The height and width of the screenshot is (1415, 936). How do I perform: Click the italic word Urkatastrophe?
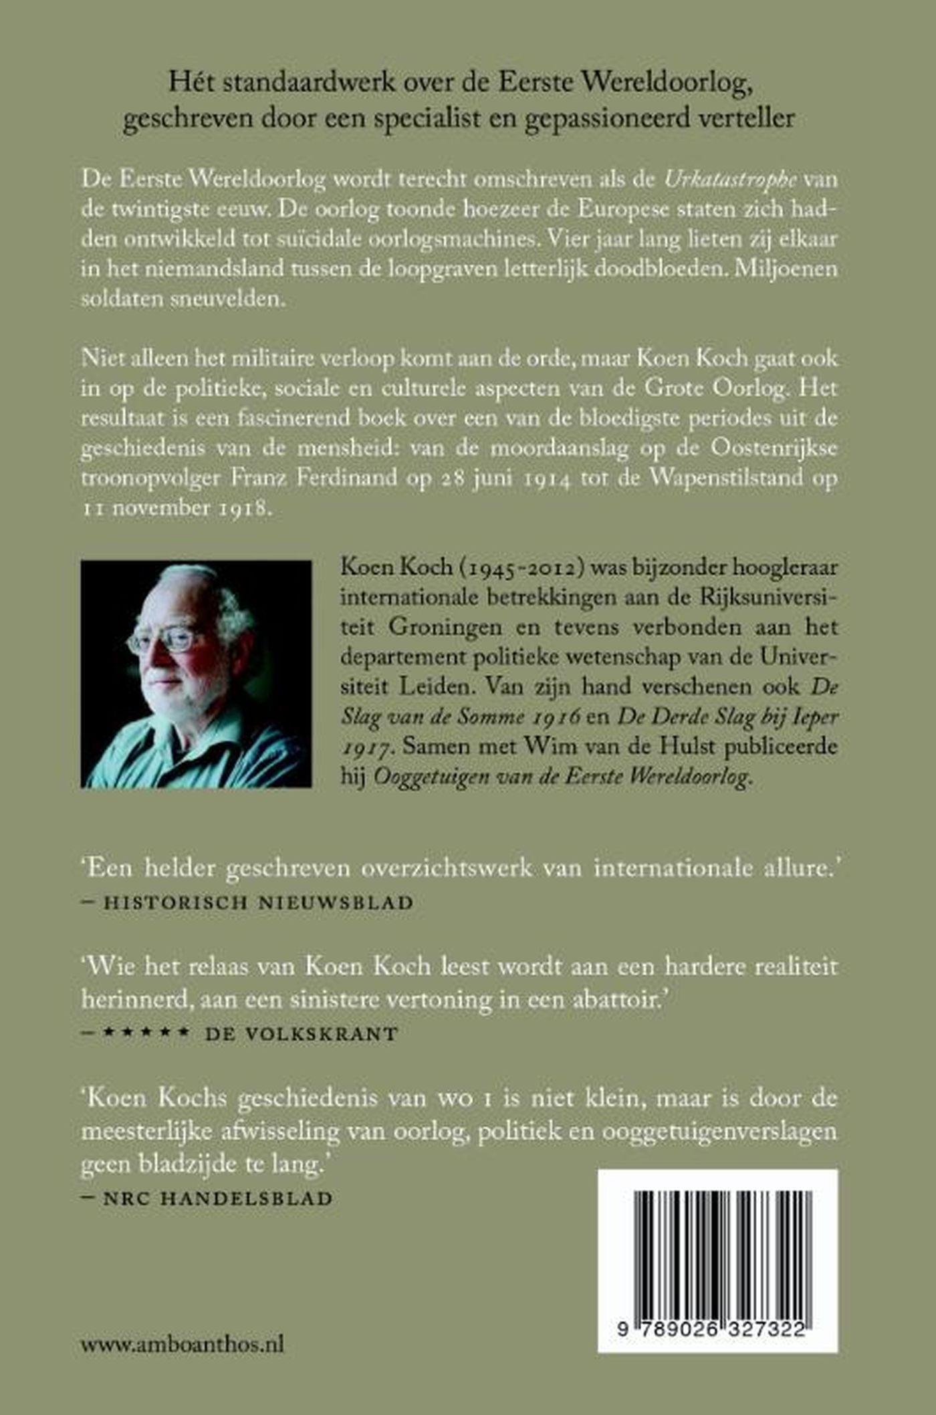pyautogui.click(x=730, y=180)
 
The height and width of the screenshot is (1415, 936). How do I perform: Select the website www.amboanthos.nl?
pyautogui.click(x=183, y=1343)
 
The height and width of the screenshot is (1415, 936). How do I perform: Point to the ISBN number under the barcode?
pyautogui.click(x=717, y=1330)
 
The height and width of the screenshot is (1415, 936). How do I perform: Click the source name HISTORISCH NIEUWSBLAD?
pyautogui.click(x=259, y=902)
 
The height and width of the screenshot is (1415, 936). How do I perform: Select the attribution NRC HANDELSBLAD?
pyautogui.click(x=218, y=1198)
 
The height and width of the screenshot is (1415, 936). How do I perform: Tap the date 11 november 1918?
pyautogui.click(x=177, y=508)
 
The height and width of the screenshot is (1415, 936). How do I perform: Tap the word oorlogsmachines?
pyautogui.click(x=429, y=239)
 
